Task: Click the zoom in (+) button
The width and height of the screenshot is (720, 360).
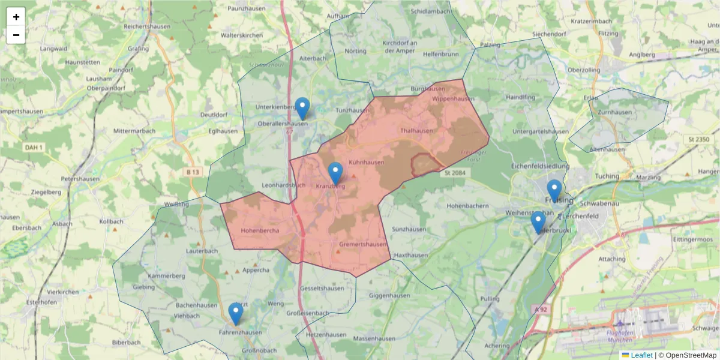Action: [x=16, y=17]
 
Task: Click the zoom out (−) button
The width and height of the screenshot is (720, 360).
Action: [x=16, y=35]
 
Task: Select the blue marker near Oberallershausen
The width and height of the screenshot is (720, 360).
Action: [x=302, y=109]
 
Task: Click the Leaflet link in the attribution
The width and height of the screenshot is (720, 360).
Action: [x=641, y=355]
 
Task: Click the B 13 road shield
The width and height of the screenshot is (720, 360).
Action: [x=193, y=172]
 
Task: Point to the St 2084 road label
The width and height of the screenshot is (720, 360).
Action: [x=455, y=173]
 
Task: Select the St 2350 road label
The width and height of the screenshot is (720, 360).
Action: [x=698, y=140]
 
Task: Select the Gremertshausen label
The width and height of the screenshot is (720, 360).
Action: [x=363, y=245]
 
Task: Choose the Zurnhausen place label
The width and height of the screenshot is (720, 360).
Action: [x=614, y=112]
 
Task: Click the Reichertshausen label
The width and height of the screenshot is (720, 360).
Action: [x=148, y=26]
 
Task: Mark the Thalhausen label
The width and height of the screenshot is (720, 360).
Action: [x=416, y=130]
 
